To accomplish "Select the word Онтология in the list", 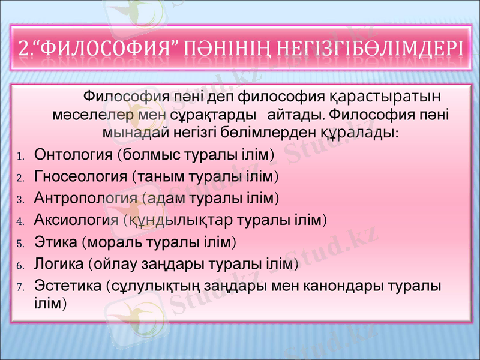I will [74, 155].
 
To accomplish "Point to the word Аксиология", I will [76, 219].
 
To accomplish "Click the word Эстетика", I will [67, 286].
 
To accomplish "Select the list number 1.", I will [19, 157].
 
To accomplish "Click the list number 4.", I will [19, 221].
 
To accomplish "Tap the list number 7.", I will [19, 287].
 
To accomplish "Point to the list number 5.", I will [19, 244].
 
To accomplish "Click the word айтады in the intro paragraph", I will [295, 113].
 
